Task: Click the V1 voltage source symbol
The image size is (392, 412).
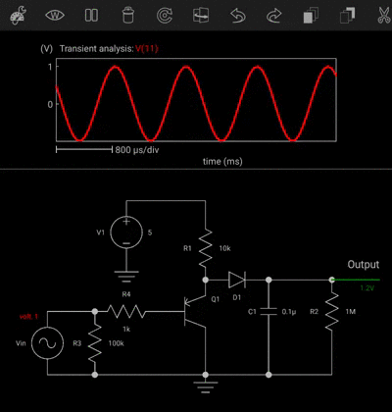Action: (125, 233)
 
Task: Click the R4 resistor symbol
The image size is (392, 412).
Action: (126, 311)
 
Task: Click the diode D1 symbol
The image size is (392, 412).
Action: (236, 280)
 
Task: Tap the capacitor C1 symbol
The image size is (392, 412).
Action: (268, 311)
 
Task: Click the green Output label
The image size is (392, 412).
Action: (362, 266)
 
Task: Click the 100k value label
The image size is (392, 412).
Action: (116, 344)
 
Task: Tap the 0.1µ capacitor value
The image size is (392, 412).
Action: (289, 311)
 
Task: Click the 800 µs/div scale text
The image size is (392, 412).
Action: (136, 150)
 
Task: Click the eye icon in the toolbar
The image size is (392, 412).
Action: (55, 16)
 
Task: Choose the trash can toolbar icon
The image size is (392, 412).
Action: (127, 16)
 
